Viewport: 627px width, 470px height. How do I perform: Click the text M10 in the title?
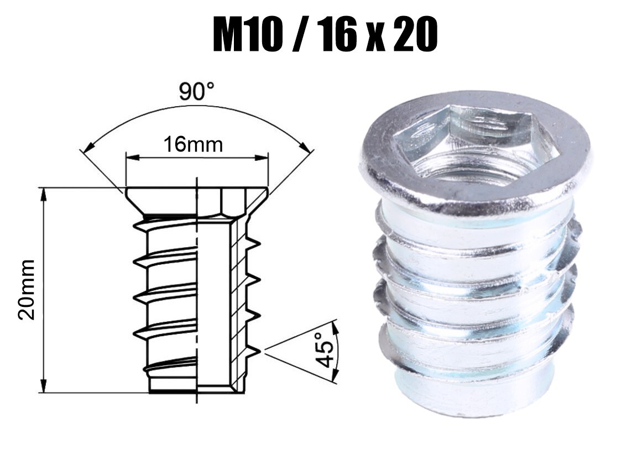point(245,35)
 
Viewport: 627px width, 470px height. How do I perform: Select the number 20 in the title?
point(415,35)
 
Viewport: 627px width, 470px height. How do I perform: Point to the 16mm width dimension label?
point(193,144)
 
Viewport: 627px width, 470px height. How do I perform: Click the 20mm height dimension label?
point(27,289)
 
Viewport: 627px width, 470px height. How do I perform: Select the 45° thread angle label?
point(325,349)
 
